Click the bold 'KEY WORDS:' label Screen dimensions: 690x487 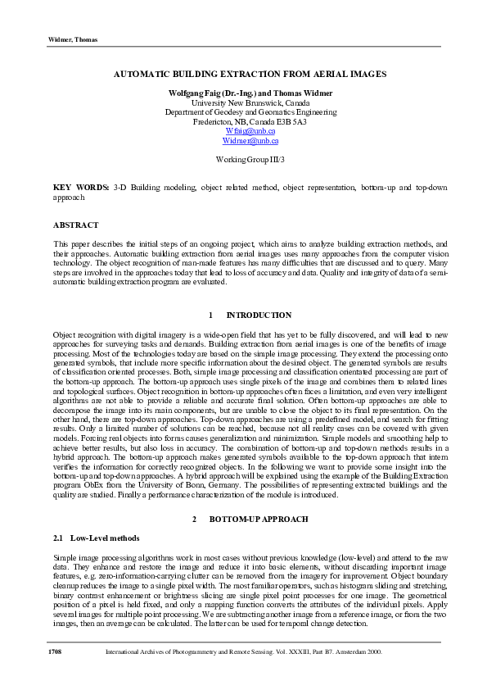pos(81,188)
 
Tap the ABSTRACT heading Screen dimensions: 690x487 pos(75,225)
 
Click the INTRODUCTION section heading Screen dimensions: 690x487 pos(259,315)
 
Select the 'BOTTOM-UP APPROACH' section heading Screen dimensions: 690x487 pos(259,520)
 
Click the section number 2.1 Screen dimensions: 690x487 pos(58,538)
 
